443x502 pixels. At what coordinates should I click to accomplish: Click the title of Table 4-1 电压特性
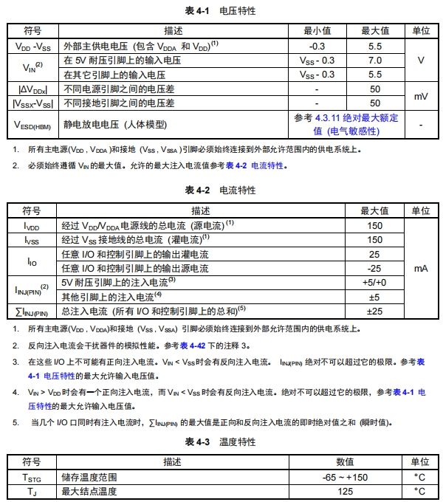click(x=221, y=10)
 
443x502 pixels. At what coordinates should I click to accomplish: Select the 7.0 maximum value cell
click(x=374, y=61)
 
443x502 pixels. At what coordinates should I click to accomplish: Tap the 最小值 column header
click(x=317, y=31)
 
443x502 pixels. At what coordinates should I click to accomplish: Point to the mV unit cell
click(x=420, y=97)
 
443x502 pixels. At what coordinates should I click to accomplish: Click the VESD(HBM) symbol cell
click(x=32, y=125)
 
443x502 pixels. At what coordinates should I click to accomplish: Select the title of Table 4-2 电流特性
click(x=221, y=190)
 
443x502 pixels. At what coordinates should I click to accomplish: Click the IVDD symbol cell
click(x=32, y=225)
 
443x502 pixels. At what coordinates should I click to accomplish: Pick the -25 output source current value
click(x=374, y=268)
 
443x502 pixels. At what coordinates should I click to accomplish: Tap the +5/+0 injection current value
click(x=374, y=282)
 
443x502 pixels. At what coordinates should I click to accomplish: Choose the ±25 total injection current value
click(x=374, y=311)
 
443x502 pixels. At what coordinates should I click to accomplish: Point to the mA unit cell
click(x=420, y=268)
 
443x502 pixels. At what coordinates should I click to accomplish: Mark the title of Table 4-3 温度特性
click(x=221, y=442)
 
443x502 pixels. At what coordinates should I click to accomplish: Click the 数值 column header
click(x=345, y=461)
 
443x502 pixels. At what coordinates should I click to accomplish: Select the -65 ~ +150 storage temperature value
click(x=345, y=477)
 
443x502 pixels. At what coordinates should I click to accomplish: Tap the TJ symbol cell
click(x=32, y=491)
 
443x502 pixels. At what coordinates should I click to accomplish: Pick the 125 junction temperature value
click(x=345, y=491)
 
